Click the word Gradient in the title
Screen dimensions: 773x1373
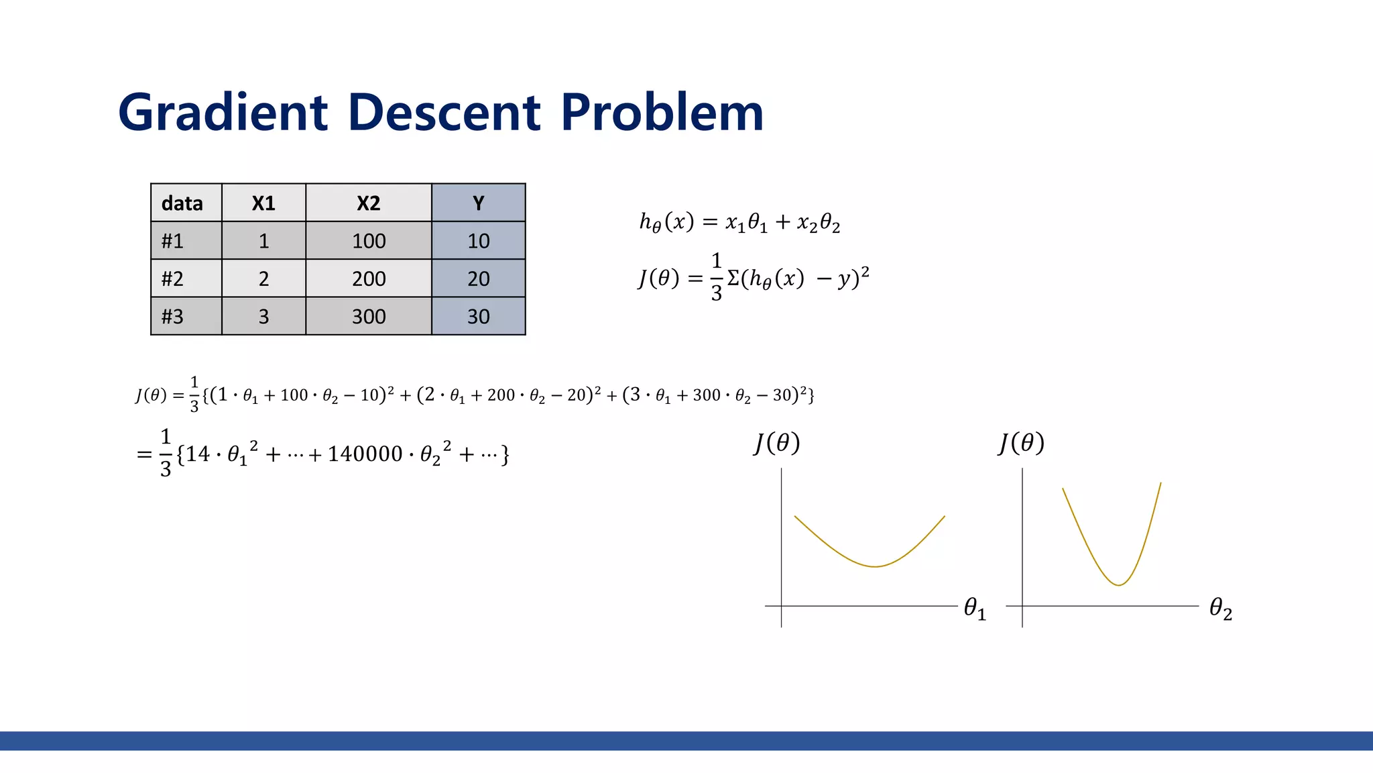click(223, 112)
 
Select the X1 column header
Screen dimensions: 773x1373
click(263, 203)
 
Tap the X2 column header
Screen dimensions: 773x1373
click(368, 203)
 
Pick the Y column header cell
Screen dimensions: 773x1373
click(478, 203)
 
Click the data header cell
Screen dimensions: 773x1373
click(182, 203)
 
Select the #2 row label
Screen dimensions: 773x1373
click(173, 278)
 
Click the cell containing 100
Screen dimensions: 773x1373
click(369, 241)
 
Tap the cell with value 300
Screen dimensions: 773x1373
click(369, 316)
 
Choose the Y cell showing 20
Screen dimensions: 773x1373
click(478, 278)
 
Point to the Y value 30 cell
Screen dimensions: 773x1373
click(478, 316)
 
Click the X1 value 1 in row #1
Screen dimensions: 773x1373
click(263, 241)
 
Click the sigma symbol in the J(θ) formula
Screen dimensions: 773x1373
click(733, 277)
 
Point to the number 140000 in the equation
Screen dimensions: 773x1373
click(365, 454)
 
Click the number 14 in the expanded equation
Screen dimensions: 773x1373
click(198, 454)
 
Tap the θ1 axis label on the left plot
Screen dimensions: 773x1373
click(974, 609)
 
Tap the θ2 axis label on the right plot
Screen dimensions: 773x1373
click(1220, 609)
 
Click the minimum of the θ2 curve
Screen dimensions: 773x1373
click(1118, 585)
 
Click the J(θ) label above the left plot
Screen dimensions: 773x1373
click(776, 443)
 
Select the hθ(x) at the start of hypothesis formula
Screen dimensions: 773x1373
click(666, 221)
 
